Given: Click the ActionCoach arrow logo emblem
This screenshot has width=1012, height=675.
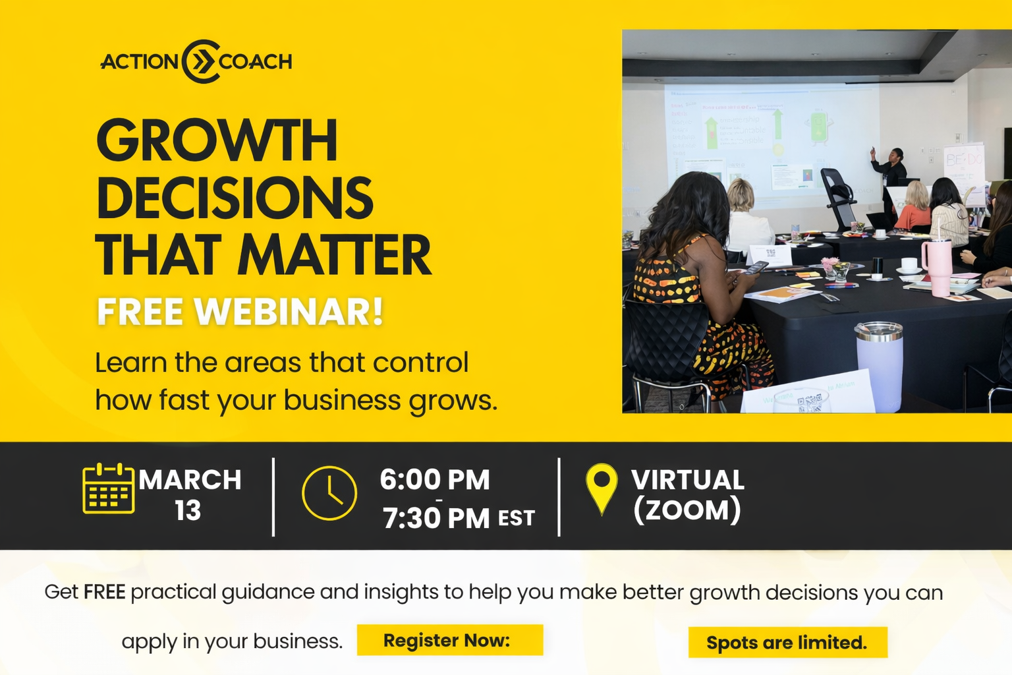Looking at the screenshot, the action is tap(201, 61).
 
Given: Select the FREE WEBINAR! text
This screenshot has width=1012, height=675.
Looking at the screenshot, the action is tap(240, 312).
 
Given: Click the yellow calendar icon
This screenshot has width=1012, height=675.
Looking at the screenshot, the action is tap(109, 488).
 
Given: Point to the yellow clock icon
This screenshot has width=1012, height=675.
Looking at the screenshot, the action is tap(329, 493).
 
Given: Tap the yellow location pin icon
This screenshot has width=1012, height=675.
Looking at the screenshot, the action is tap(602, 488).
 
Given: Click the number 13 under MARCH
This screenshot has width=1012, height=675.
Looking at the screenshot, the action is tap(188, 510).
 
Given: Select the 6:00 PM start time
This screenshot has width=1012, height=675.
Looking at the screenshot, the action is tap(435, 479).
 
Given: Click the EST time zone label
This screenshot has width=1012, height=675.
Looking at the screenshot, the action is tap(517, 518).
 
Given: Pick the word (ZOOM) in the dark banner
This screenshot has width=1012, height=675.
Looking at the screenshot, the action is tap(687, 510).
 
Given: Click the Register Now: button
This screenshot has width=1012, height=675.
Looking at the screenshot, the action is tap(450, 640).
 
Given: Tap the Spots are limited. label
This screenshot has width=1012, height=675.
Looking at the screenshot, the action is tap(787, 643).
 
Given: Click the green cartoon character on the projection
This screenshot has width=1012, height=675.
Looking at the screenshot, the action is tap(819, 127).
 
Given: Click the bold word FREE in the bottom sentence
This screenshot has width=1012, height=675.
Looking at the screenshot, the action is tap(104, 592).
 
